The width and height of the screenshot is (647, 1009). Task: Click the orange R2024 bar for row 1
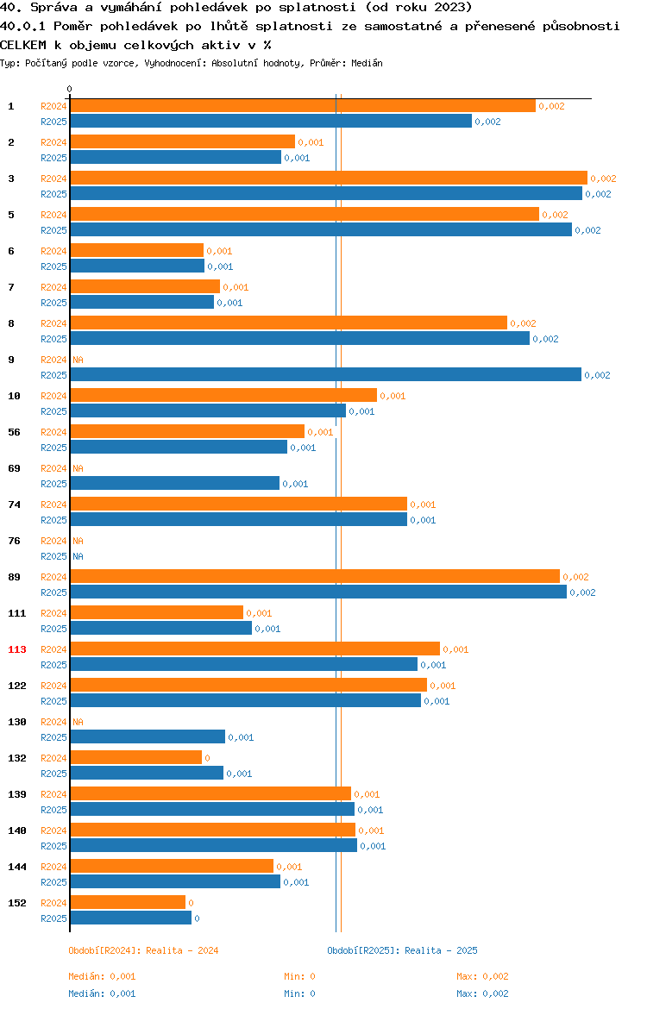302,106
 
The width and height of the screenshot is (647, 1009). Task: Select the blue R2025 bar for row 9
325,375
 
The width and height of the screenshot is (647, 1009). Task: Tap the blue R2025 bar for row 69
174,484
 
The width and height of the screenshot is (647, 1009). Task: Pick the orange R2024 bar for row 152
128,903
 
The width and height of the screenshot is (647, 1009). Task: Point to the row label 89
15,577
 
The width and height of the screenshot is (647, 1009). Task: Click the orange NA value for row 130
78,722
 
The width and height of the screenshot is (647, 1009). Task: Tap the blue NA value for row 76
78,556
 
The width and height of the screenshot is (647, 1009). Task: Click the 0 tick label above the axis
70,90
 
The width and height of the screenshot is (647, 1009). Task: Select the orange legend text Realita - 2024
182,950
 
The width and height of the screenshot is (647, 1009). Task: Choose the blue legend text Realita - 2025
441,950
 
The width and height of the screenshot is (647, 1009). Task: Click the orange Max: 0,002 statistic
482,976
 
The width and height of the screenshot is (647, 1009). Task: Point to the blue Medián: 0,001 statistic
102,993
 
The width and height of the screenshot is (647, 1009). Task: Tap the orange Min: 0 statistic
299,976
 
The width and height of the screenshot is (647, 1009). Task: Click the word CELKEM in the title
22,45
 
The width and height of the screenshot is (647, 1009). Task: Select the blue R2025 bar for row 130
148,737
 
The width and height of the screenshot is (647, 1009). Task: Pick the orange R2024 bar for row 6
136,251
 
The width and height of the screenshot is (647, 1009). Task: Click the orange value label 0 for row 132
207,758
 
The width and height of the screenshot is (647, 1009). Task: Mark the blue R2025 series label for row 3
53,194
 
